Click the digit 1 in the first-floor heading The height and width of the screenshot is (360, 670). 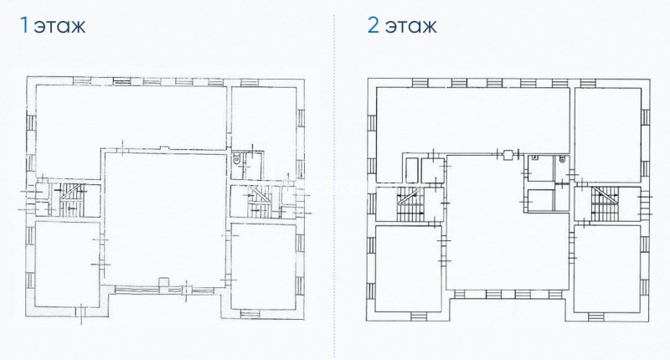pyautogui.click(x=24, y=25)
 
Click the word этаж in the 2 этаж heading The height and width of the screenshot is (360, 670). pyautogui.click(x=410, y=27)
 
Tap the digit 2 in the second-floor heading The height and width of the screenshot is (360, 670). pyautogui.click(x=373, y=25)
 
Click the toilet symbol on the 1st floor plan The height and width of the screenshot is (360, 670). pyautogui.click(x=236, y=158)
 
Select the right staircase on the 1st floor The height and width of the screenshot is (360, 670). pyautogui.click(x=260, y=201)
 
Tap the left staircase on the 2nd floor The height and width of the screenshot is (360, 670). pyautogui.click(x=411, y=204)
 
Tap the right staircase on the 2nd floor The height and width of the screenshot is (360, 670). pyautogui.click(x=605, y=203)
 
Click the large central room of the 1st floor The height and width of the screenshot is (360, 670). pyautogui.click(x=165, y=218)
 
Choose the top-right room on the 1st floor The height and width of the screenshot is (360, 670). pyautogui.click(x=264, y=127)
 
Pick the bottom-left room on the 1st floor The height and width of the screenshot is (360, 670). pyautogui.click(x=67, y=264)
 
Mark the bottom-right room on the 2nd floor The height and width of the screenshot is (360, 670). pyautogui.click(x=607, y=269)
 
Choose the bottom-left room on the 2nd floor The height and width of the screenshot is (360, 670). pyautogui.click(x=408, y=268)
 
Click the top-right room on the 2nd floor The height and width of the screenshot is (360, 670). pyautogui.click(x=608, y=135)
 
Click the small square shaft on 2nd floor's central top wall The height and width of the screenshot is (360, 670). pyautogui.click(x=508, y=154)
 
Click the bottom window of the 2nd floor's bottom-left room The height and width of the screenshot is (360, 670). pyautogui.click(x=418, y=316)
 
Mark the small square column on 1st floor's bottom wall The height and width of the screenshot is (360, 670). pyautogui.click(x=162, y=281)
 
